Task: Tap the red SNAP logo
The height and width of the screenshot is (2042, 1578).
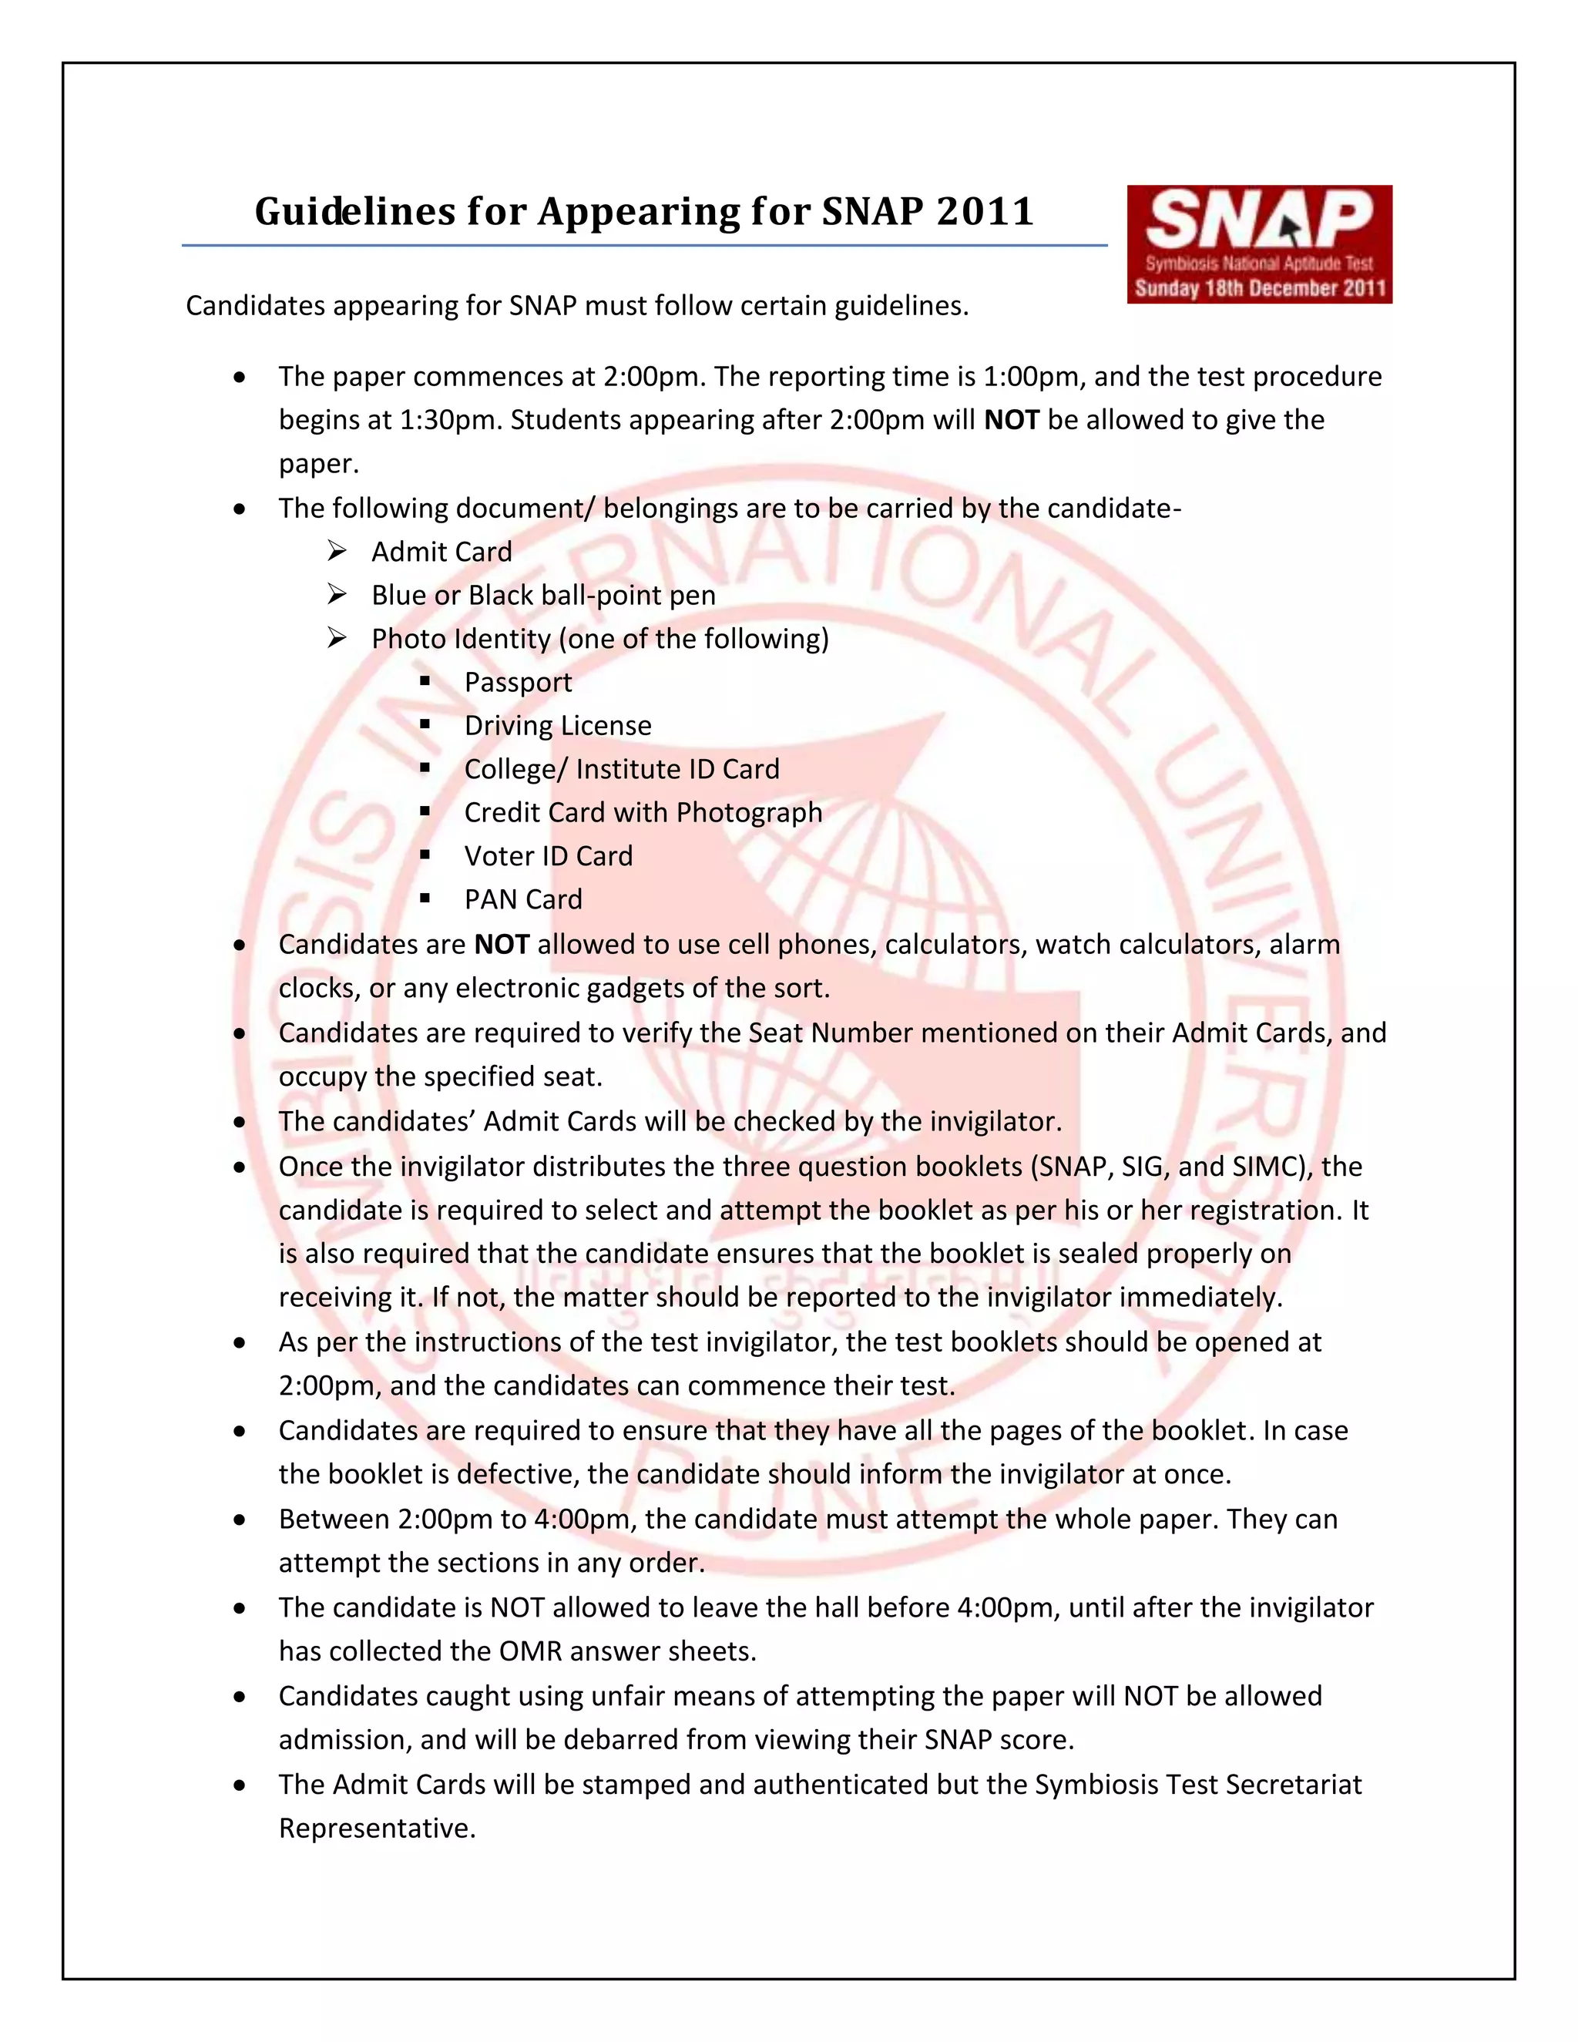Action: point(1258,244)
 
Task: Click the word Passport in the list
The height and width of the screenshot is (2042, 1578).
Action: point(518,683)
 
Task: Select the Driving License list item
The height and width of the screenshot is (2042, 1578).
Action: point(558,726)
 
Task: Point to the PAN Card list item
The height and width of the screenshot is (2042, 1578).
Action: point(523,899)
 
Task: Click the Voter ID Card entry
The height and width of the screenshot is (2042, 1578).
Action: point(549,856)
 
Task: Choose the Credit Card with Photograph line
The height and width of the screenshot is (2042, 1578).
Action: point(643,812)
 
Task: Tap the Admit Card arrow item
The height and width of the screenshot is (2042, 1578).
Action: point(442,552)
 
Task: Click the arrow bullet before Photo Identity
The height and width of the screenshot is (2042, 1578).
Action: point(337,638)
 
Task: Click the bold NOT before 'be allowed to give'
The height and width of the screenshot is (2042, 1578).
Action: point(1012,420)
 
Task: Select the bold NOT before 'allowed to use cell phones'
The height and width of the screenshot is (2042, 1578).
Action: point(502,945)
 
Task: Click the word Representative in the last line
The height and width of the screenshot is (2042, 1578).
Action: point(377,1828)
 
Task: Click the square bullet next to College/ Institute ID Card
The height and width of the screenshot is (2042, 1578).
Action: point(425,768)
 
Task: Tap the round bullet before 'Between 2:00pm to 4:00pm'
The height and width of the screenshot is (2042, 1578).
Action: point(241,1520)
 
